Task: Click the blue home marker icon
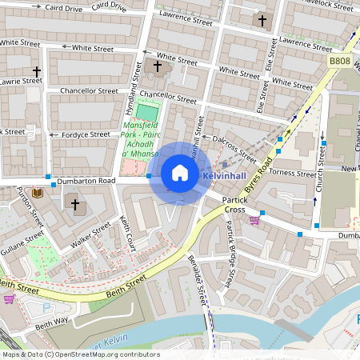tap(180, 174)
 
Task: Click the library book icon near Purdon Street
tap(37, 192)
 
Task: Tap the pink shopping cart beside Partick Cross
tap(254, 221)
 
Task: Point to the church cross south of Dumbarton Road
tap(76, 205)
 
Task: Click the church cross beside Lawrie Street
tap(36, 72)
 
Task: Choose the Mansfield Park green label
tap(141, 139)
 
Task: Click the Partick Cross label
tap(234, 203)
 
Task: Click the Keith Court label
tap(128, 232)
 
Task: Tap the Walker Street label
tap(90, 236)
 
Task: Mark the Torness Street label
tap(294, 173)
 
